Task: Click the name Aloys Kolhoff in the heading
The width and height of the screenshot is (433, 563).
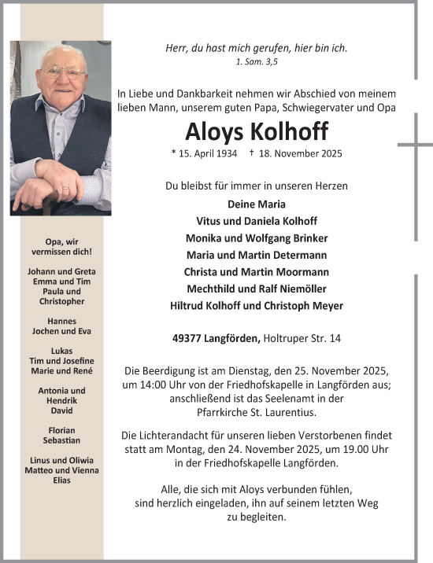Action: [x=256, y=131]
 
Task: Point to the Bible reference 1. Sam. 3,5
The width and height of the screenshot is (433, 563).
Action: [x=256, y=61]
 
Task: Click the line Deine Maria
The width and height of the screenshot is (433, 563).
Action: [x=256, y=204]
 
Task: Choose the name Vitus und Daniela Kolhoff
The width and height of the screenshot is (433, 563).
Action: [x=256, y=221]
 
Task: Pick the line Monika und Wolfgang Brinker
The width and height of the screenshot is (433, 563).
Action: [x=256, y=238]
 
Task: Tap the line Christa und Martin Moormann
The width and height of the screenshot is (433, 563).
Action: [x=256, y=272]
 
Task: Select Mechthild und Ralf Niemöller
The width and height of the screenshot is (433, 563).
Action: [x=256, y=289]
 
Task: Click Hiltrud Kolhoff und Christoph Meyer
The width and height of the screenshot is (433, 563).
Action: [x=256, y=306]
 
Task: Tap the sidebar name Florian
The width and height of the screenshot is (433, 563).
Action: [x=61, y=430]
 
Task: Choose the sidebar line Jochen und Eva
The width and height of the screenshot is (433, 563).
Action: [x=61, y=330]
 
